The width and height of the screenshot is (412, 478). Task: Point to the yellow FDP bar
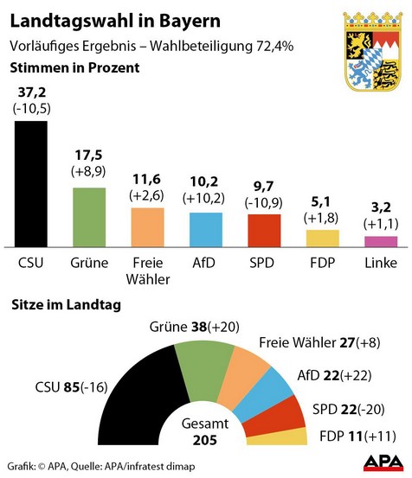pos(322,239)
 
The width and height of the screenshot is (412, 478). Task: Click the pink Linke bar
pos(381,242)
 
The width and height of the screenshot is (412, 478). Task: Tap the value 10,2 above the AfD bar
pos(205,182)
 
